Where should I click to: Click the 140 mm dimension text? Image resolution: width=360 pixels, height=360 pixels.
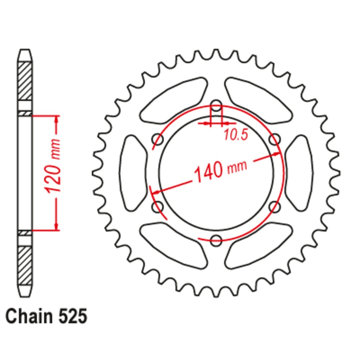220,170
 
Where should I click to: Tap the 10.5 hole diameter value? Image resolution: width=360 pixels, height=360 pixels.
236,135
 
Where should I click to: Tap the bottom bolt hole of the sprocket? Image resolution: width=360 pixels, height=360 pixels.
216,240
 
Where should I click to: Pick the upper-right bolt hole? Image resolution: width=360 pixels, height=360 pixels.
275,139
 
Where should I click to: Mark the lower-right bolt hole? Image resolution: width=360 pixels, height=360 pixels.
275,207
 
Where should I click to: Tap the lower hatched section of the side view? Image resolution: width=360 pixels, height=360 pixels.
25,265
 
